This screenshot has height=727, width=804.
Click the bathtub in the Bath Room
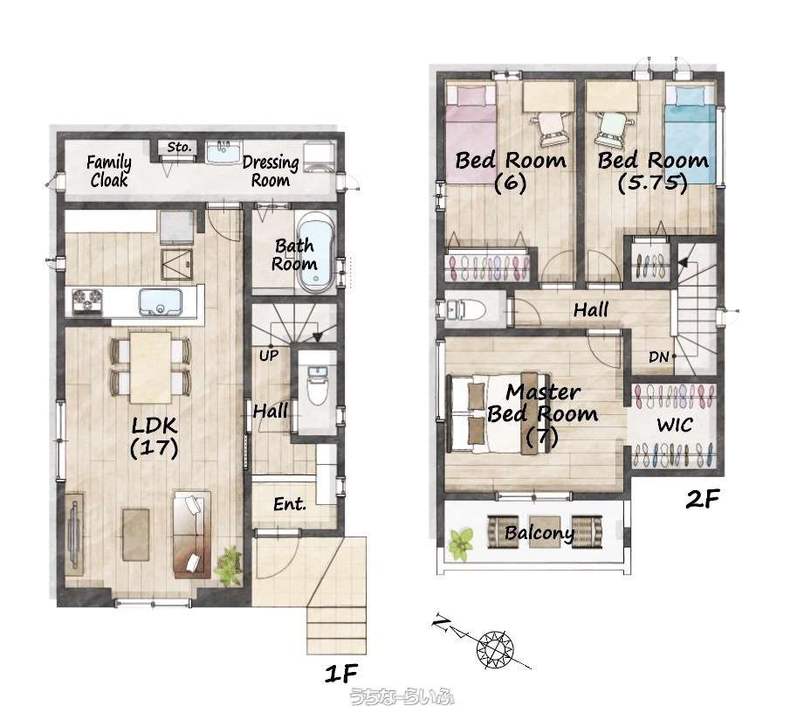(x=315, y=253)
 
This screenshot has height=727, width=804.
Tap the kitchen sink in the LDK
(x=161, y=301)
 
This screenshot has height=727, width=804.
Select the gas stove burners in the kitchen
(x=87, y=301)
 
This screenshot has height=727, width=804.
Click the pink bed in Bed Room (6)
(x=471, y=134)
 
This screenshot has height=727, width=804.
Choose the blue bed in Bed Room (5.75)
(x=690, y=134)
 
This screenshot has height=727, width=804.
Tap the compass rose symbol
(x=495, y=647)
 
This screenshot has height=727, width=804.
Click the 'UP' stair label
(x=269, y=356)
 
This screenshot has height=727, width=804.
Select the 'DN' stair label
(x=658, y=357)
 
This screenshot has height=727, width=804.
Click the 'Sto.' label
(x=179, y=148)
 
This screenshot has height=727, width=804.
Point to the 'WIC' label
(x=674, y=425)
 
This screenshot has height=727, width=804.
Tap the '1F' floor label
(x=340, y=673)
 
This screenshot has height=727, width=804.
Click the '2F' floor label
(x=703, y=499)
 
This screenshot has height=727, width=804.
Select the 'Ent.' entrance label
(x=290, y=504)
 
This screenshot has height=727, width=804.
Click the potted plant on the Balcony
(x=461, y=544)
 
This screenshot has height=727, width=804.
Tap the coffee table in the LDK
(x=136, y=534)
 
